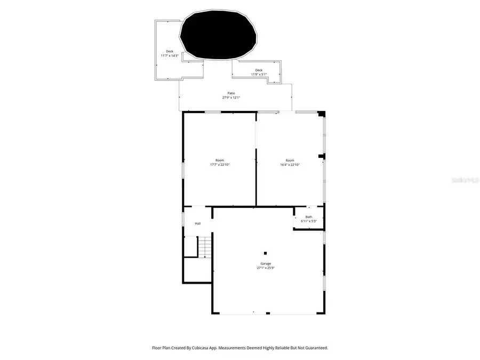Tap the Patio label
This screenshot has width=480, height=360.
coord(231,93)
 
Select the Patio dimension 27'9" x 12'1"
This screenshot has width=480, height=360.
coord(231,98)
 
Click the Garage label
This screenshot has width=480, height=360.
coord(266,263)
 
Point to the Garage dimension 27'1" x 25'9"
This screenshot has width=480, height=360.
coord(266,268)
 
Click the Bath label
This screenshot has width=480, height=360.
coord(309,217)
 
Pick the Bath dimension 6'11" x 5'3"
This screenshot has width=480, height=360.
coord(309,221)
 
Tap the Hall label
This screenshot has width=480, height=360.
coord(197,223)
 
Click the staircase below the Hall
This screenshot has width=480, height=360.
coord(205,247)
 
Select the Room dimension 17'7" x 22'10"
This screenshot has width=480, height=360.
coord(220,165)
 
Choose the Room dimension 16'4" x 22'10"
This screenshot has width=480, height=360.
coord(290,165)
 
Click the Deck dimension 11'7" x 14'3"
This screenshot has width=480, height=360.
coord(170,56)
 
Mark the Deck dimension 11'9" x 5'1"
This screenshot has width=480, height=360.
coord(259,75)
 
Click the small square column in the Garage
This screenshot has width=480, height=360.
coord(265,253)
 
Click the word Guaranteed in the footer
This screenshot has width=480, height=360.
coord(315,348)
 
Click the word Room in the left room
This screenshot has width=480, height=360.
coord(220,161)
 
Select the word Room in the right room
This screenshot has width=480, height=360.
coord(290,161)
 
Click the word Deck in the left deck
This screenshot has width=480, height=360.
coord(170,52)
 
